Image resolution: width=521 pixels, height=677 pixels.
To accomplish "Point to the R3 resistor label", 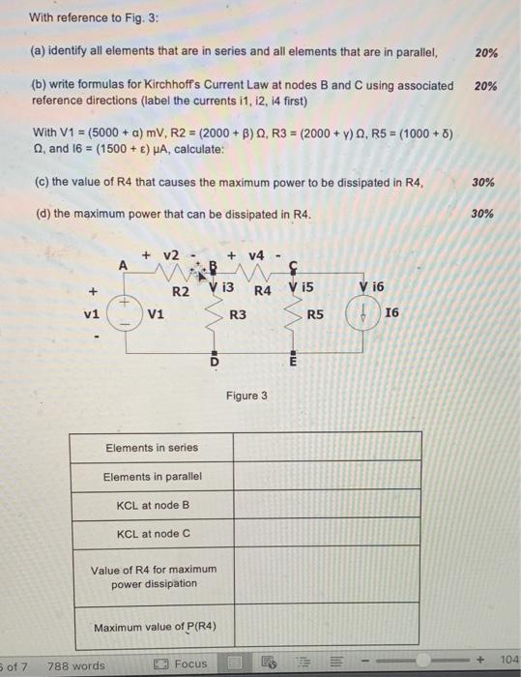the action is coord(237,314).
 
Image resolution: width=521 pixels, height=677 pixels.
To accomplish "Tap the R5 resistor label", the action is coord(315,314).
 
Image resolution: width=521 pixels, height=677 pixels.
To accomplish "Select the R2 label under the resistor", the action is coord(180,291).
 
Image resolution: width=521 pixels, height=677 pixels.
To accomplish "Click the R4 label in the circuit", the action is coord(262,290).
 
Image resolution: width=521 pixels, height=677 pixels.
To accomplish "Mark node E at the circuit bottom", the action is coord(292,362).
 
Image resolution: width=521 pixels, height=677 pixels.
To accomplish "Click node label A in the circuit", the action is coord(123,265).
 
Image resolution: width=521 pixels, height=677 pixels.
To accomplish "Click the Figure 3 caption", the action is coord(247,396).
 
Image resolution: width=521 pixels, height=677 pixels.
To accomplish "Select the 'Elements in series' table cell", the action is coord(151,447).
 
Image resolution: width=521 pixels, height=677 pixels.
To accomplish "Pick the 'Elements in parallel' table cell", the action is coord(151,477).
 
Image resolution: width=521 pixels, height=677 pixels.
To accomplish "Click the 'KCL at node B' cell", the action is coord(151,505).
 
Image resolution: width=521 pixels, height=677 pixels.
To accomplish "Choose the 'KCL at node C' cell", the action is coord(151,533).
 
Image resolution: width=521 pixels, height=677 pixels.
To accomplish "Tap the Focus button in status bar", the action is coord(183,664).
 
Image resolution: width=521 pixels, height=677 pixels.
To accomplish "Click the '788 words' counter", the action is coord(76,665).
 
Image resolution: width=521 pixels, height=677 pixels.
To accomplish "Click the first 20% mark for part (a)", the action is coord(486,52).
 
